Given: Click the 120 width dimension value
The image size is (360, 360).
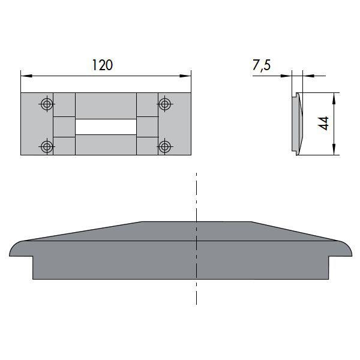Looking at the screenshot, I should [x=103, y=65].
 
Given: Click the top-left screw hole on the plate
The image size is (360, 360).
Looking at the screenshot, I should [x=46, y=104].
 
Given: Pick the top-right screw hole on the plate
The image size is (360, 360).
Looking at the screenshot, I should [x=164, y=104].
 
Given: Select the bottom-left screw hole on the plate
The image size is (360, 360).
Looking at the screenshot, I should [x=46, y=145].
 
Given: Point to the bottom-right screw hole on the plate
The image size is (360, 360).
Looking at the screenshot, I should [x=164, y=145].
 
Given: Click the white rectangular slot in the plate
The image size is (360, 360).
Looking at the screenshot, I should [x=106, y=126].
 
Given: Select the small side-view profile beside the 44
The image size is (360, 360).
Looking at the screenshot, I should [x=296, y=123].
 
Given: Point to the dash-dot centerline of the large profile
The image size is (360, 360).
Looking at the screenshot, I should [x=197, y=198].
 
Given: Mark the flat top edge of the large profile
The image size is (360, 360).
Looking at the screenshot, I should [x=197, y=222].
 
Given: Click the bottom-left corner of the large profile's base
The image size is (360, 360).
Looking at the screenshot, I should [x=33, y=278].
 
